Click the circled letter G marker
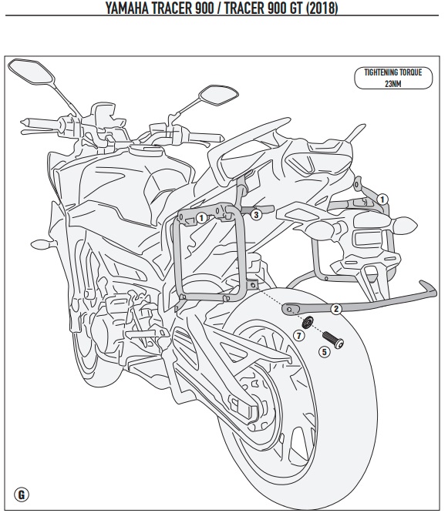tap(22, 494)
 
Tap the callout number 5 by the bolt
tap(324, 352)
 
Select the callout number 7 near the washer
tap(298, 335)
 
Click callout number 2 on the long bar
tap(336, 309)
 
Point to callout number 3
tap(256, 215)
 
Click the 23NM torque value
tap(393, 83)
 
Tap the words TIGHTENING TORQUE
tap(393, 72)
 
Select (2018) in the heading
tap(322, 8)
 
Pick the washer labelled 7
tap(307, 322)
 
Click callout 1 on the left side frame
tap(201, 218)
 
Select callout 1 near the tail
tap(382, 199)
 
